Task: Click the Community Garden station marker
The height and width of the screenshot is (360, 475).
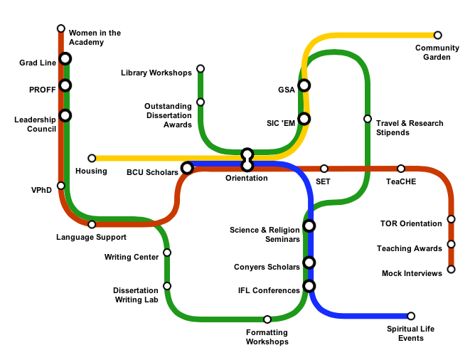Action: click(437, 35)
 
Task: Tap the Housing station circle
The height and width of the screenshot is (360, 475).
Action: click(92, 158)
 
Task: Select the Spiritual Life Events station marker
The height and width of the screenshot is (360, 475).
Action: click(410, 316)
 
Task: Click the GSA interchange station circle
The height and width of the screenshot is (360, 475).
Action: click(304, 85)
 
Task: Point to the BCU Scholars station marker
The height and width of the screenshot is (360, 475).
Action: click(187, 168)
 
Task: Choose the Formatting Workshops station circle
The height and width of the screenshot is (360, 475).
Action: click(267, 319)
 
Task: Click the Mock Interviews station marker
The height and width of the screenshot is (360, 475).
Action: click(451, 270)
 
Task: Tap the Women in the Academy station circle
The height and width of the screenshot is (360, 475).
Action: click(61, 28)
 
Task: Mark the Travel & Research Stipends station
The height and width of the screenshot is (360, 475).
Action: click(367, 119)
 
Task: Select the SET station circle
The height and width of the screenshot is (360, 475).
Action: click(324, 169)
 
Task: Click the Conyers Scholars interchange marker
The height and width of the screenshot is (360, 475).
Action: click(309, 263)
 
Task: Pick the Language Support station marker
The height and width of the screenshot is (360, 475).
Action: click(92, 225)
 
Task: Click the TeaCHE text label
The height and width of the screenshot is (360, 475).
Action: click(401, 181)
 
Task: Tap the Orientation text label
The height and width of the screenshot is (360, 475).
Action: click(246, 178)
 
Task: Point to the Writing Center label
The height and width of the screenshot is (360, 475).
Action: click(132, 257)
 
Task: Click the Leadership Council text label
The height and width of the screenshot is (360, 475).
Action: click(35, 125)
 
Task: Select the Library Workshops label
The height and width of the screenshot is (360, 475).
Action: click(156, 73)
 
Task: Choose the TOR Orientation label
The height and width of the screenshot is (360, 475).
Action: click(411, 223)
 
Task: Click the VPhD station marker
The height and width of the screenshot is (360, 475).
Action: click(61, 186)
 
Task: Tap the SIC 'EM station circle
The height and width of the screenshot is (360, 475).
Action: click(304, 119)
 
